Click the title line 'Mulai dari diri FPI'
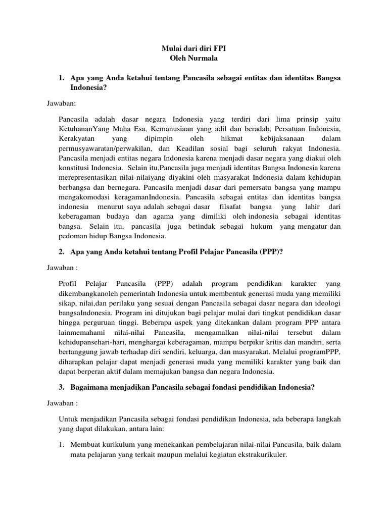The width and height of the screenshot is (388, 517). click(194, 49)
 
